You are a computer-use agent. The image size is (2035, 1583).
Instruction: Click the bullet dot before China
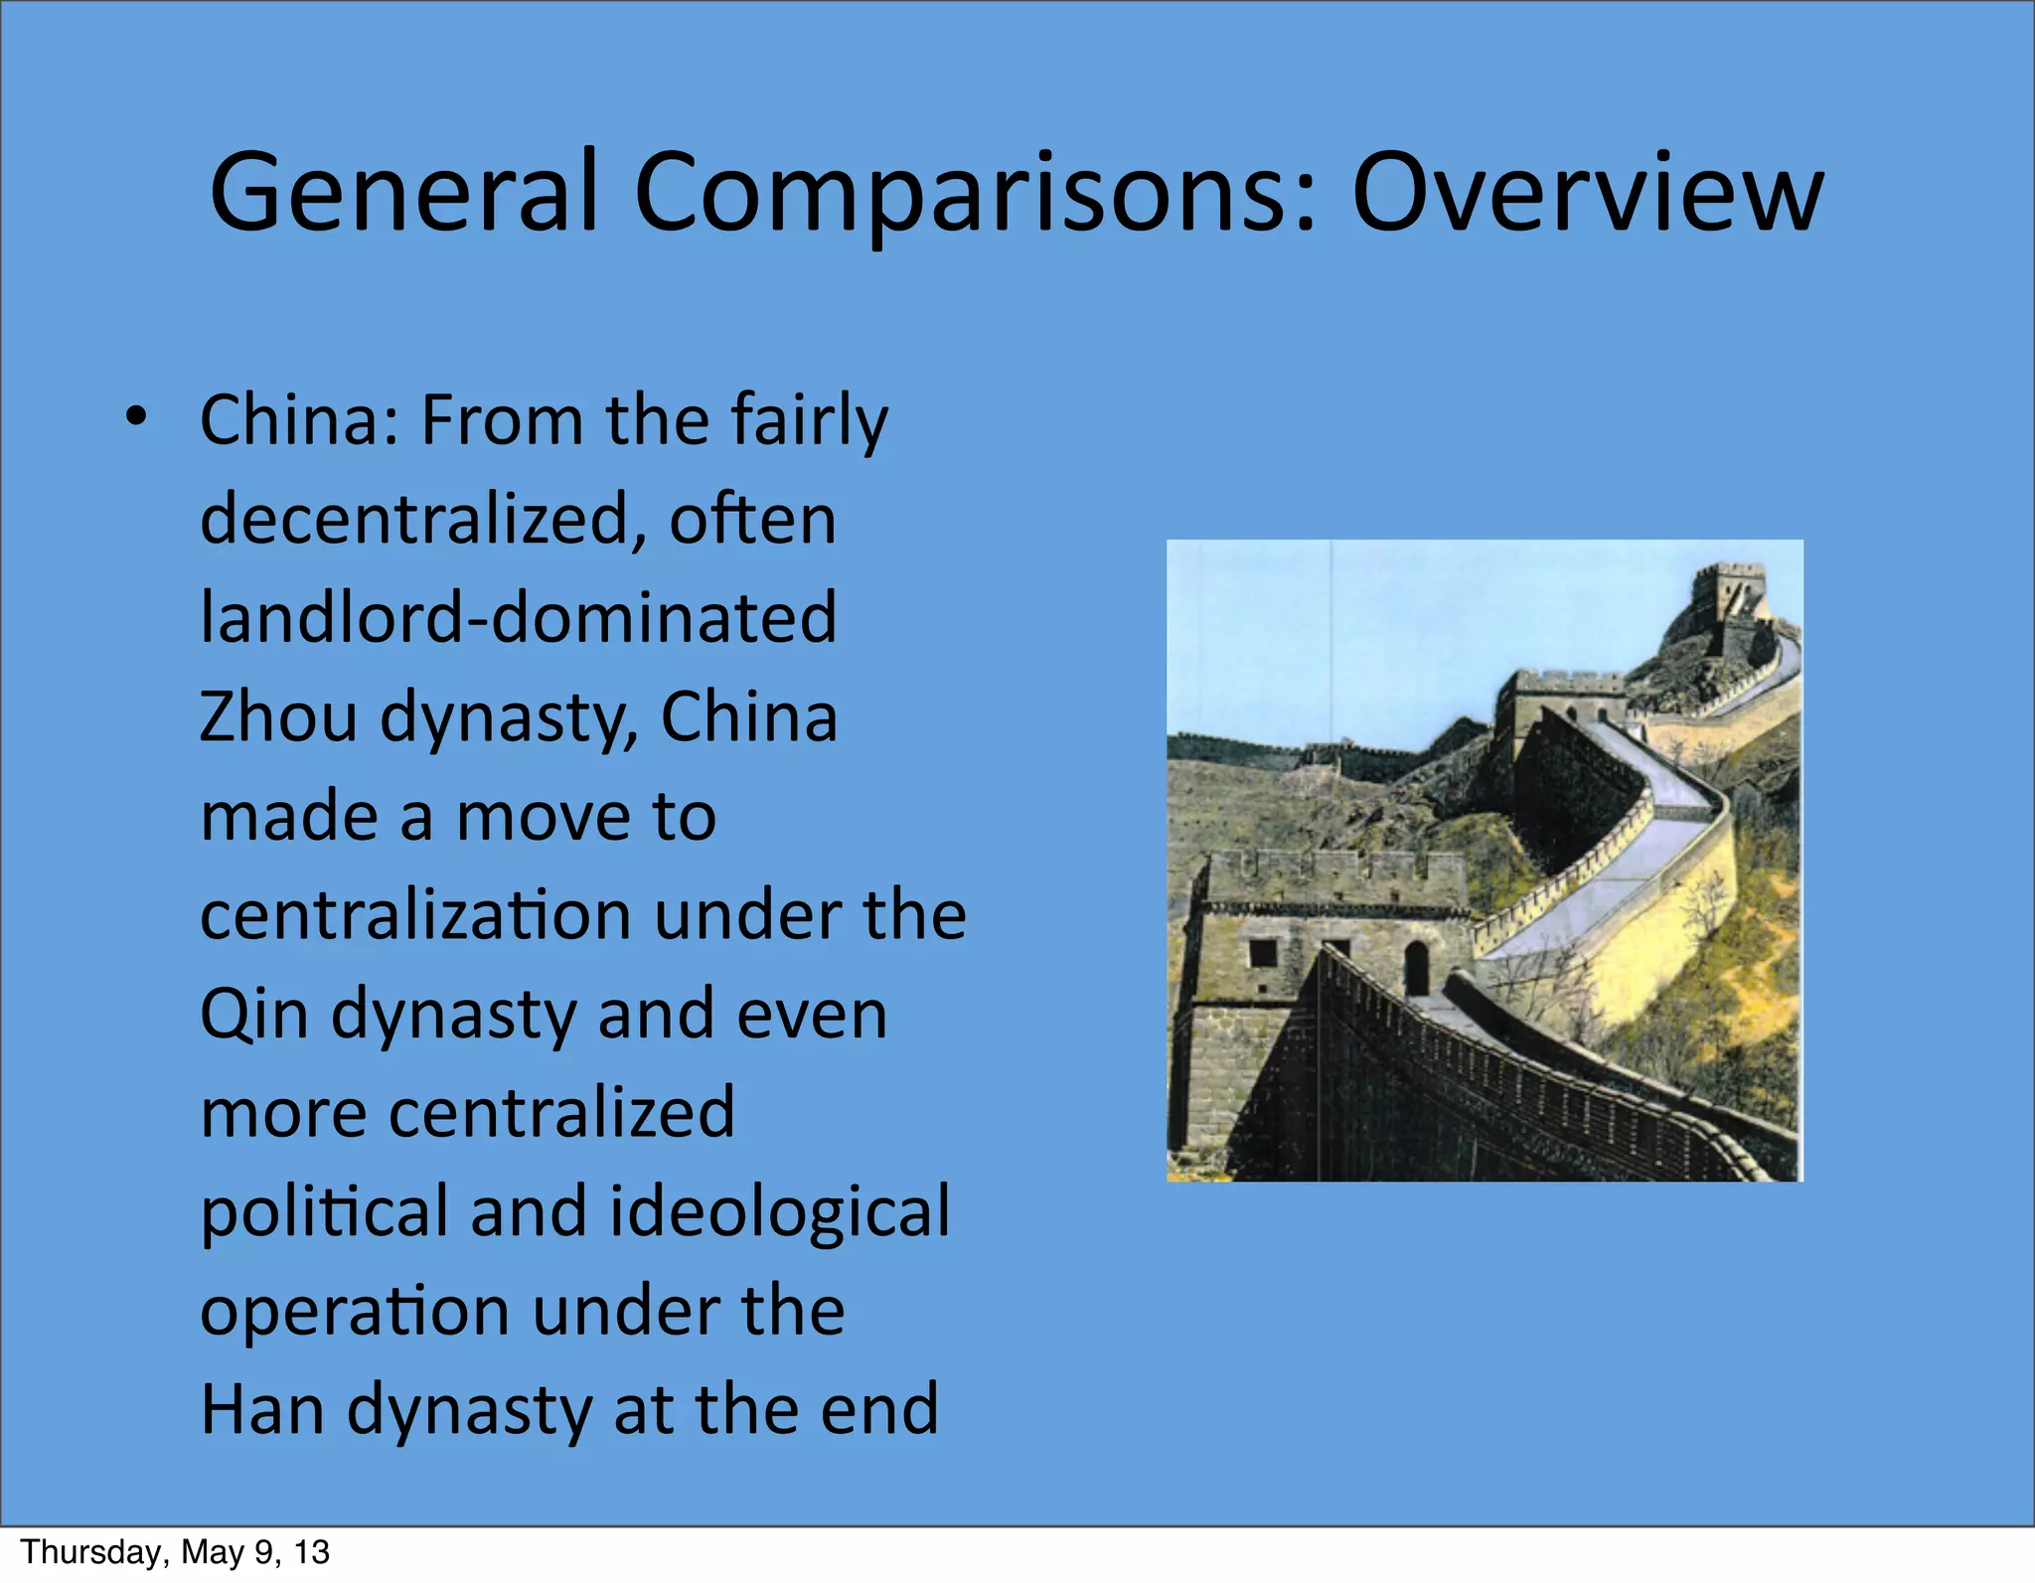point(136,417)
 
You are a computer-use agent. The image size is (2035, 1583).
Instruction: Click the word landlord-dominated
point(518,616)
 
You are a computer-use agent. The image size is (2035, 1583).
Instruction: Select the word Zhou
point(277,716)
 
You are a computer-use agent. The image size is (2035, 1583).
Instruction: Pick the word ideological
point(779,1211)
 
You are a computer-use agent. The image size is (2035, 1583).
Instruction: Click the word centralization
point(415,914)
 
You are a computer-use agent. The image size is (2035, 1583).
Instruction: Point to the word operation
point(355,1311)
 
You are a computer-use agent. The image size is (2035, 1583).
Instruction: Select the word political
point(324,1211)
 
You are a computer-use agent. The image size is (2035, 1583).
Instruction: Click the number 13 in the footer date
point(311,1552)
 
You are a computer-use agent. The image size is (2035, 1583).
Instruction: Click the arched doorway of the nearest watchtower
point(1416,966)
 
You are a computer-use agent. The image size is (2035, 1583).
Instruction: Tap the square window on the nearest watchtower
point(1263,952)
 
